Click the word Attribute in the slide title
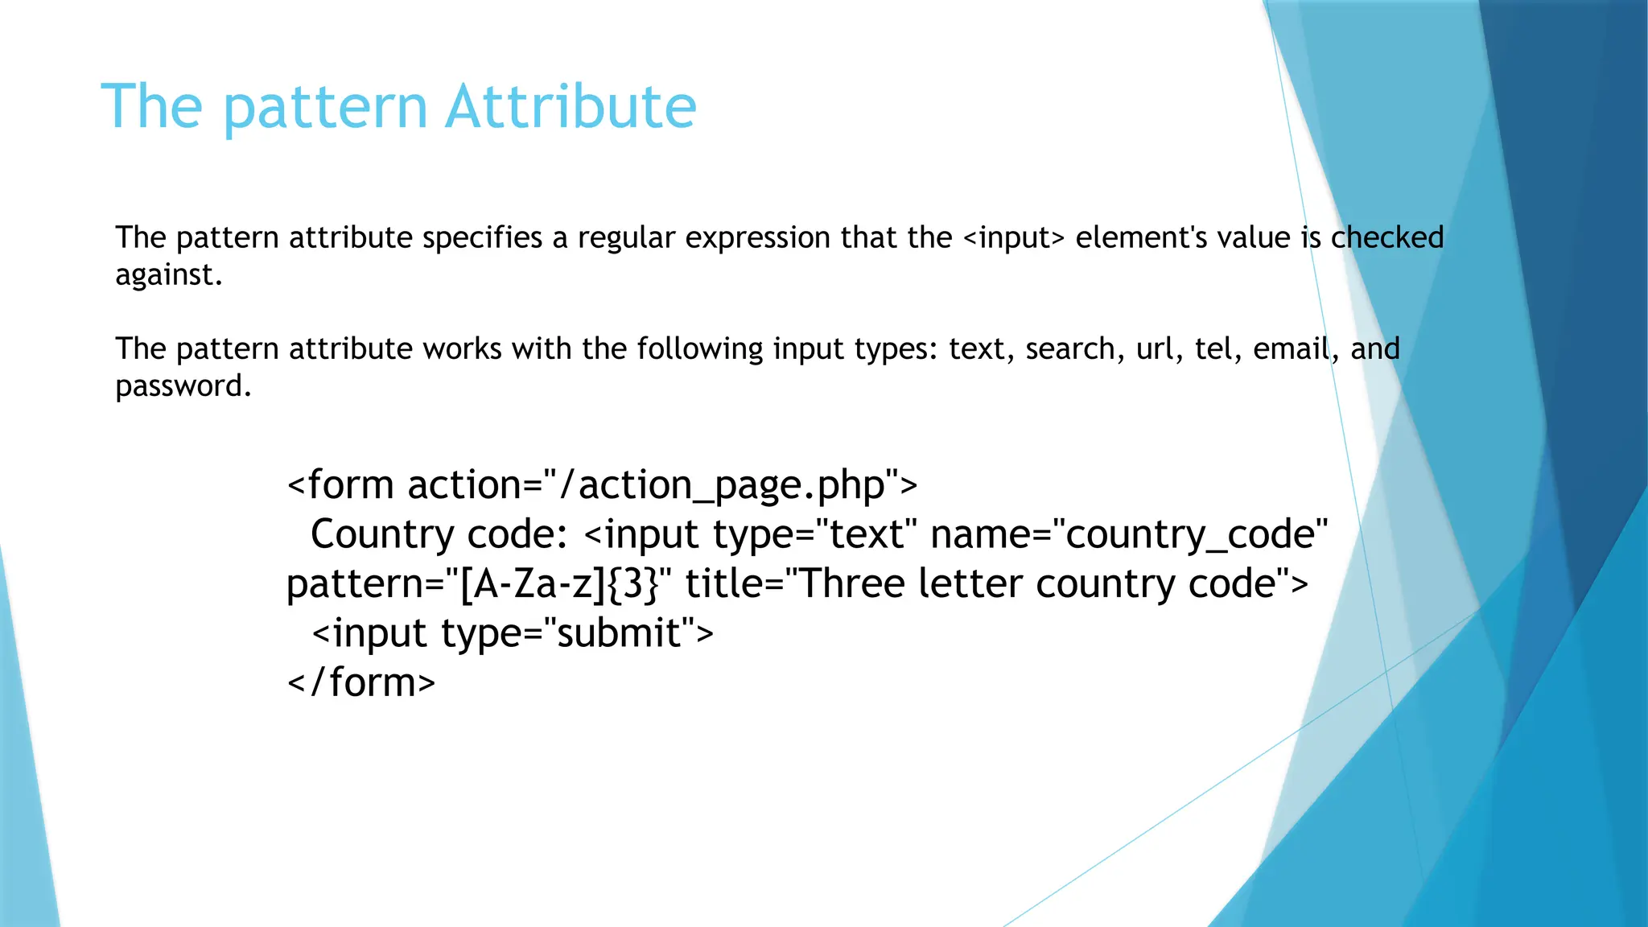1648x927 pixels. point(571,106)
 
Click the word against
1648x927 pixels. point(168,275)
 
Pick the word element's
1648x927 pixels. point(1141,238)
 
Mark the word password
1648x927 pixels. point(183,386)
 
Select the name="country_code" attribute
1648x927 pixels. point(1128,535)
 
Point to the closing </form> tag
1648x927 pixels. point(361,682)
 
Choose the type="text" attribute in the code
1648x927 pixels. point(814,535)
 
